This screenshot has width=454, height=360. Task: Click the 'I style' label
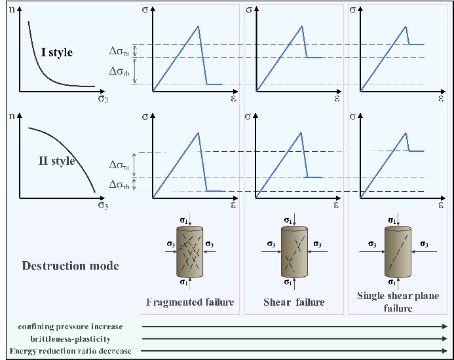[x=56, y=52]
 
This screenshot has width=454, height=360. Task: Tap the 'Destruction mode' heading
[x=70, y=266]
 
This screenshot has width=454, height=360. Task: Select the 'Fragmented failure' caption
[x=189, y=302]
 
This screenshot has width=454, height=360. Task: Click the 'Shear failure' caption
[x=293, y=302]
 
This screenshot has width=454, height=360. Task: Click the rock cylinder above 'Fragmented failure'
[x=190, y=251]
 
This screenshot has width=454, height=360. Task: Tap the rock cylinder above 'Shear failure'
[x=294, y=253]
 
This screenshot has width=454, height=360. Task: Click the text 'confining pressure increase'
[x=70, y=326]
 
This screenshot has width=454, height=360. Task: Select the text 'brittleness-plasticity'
[x=70, y=338]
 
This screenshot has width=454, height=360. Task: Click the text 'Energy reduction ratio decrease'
[x=70, y=351]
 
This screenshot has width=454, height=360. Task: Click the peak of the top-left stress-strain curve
[x=198, y=26]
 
